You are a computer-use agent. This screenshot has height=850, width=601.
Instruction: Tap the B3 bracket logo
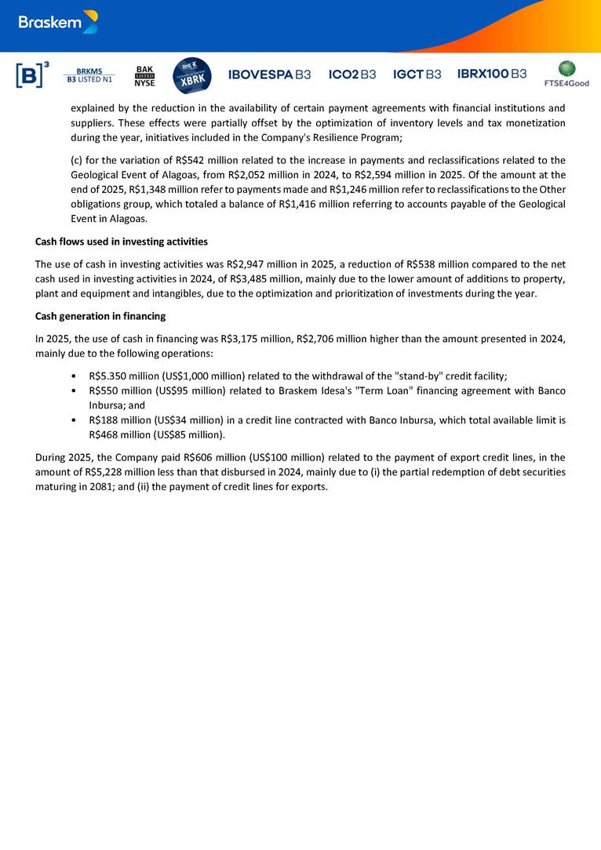click(x=32, y=74)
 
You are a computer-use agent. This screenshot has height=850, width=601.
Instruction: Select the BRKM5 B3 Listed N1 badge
click(x=89, y=74)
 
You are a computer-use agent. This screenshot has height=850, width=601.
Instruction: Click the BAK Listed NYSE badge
click(x=145, y=75)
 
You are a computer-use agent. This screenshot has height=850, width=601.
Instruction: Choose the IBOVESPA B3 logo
click(x=269, y=74)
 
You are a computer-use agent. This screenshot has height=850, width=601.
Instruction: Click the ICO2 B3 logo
click(x=352, y=74)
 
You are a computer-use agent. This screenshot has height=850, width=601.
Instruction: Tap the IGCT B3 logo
click(x=417, y=74)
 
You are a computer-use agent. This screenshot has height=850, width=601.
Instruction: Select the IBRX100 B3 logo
click(x=492, y=74)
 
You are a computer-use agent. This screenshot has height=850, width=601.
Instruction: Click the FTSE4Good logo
click(x=566, y=74)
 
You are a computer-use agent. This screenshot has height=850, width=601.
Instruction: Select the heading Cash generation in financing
click(x=100, y=316)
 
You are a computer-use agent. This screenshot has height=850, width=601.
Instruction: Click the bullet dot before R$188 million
click(x=73, y=420)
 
